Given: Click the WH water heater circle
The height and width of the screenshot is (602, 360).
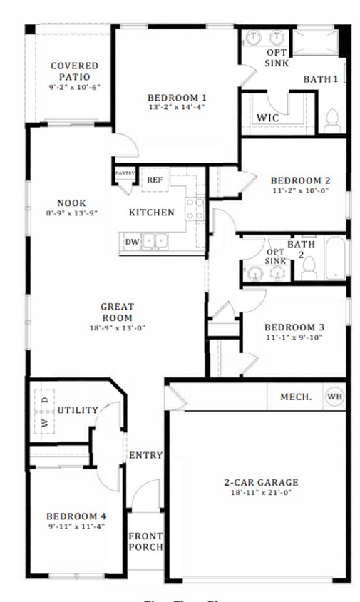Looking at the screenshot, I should coord(334,397).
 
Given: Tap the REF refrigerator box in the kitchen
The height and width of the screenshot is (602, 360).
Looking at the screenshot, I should coord(155,180).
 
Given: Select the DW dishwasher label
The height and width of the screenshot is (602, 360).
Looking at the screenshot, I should coord(132,242).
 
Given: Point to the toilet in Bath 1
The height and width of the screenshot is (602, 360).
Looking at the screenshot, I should coord(332,121).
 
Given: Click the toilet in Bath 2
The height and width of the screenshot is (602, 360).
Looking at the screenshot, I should coord(309,267).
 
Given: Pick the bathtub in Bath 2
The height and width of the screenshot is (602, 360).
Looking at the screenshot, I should coord(335,258).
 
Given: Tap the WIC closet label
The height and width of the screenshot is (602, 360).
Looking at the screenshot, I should coord(267,117).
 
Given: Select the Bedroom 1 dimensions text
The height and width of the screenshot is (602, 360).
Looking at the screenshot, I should coord(177,108).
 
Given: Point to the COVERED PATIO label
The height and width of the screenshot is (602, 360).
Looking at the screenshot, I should coord(74,71).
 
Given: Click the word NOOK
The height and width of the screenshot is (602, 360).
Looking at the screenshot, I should coord(72,202).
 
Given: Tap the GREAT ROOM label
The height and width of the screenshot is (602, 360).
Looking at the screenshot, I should coord(118,312).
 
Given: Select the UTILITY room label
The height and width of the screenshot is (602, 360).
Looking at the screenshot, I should coord(78,410).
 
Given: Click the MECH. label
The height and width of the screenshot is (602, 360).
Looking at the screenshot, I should coord(295,397).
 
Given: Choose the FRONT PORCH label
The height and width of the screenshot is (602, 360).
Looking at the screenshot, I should coord(145,541).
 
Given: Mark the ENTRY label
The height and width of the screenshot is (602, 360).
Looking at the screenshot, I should coord(145,455).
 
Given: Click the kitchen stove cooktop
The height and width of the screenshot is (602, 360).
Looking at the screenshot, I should coord(195,209).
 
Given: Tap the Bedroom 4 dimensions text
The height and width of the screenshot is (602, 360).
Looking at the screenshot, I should coord(76,527).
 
